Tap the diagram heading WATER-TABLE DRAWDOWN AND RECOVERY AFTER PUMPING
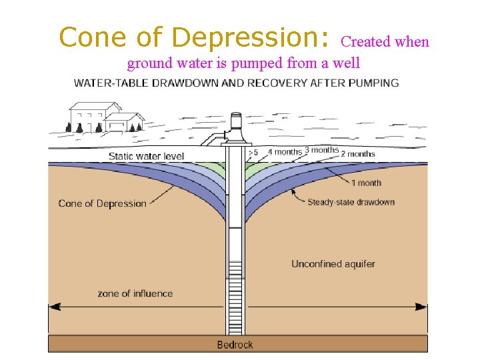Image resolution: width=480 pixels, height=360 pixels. click(236, 83)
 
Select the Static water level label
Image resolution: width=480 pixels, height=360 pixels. click(146, 157)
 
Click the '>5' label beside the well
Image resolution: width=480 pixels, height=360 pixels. click(253, 153)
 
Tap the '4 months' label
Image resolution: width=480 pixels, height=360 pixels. click(285, 152)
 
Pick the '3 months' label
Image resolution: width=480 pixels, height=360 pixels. click(321, 150)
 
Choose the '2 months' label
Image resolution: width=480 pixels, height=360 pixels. click(358, 154)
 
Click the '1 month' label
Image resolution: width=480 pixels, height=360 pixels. click(366, 183)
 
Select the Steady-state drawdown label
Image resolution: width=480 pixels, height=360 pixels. click(351, 202)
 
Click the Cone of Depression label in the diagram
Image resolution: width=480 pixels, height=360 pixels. click(102, 203)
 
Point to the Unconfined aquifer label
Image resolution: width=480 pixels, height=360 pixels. click(333, 264)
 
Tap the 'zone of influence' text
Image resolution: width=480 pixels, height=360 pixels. click(135, 293)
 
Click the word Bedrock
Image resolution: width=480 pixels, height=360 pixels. click(235, 345)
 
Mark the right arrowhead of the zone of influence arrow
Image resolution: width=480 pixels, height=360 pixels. click(421, 307)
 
